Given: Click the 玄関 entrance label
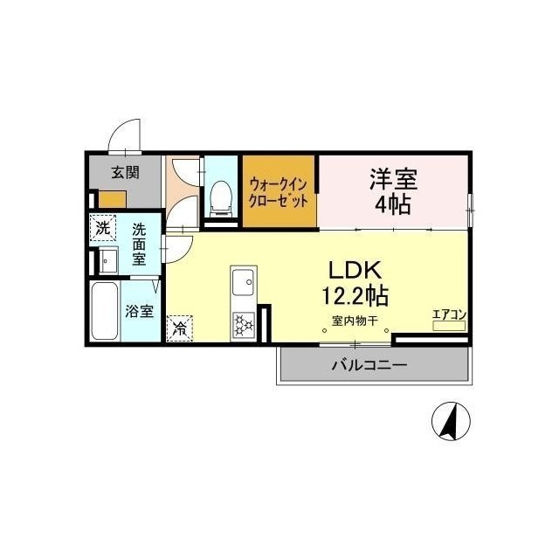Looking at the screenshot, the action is [125, 173].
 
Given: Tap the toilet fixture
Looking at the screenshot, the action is [221, 198].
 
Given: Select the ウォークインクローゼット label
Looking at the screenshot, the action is [278, 193].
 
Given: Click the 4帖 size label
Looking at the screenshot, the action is [392, 204].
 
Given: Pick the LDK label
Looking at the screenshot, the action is [355, 270].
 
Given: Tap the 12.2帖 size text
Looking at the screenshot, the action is [355, 295].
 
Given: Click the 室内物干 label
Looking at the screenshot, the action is [355, 321].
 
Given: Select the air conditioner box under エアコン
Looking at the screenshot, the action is [449, 326].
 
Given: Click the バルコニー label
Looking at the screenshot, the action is [369, 365].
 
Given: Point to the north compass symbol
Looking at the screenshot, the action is [451, 421].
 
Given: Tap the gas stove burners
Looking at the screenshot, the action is [244, 325].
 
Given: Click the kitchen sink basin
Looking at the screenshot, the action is [243, 282].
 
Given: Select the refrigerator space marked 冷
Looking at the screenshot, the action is [179, 328].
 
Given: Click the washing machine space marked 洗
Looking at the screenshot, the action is [103, 227].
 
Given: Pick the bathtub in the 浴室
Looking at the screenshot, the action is [105, 311].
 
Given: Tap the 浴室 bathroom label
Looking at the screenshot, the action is [139, 311].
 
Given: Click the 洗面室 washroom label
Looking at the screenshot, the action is [139, 245].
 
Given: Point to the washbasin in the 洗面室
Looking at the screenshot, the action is [108, 260].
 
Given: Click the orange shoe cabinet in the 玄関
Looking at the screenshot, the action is [113, 199].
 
